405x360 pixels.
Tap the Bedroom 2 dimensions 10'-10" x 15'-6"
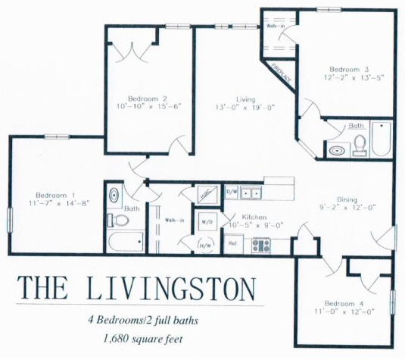147,108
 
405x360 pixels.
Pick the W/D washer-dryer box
205,222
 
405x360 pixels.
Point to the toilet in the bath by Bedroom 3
360,145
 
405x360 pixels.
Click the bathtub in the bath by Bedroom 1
126,243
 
